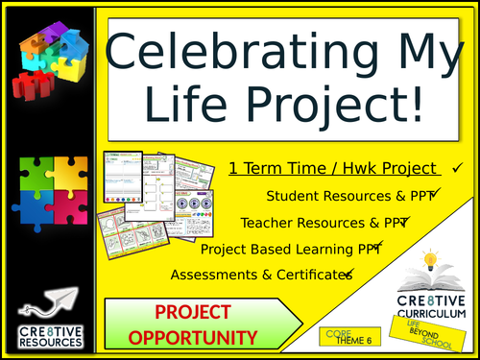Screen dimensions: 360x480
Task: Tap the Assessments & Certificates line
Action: (x=260, y=276)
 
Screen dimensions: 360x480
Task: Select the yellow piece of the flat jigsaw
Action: (x=67, y=176)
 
